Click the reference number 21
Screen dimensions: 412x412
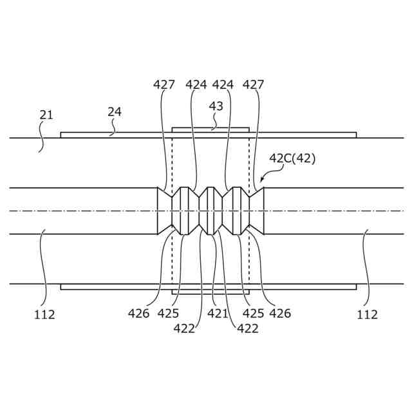coord(46,115)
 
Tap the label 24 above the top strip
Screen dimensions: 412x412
coord(115,111)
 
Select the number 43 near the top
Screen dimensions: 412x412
coord(216,106)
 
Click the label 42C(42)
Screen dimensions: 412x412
coord(292,159)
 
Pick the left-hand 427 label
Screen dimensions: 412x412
coord(164,84)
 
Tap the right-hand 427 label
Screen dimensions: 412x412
coord(254,84)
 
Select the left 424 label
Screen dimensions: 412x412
coord(196,84)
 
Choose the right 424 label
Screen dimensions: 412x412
coord(223,84)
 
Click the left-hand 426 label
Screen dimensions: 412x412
coord(138,314)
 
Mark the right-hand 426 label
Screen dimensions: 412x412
coord(280,314)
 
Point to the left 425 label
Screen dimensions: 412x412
coord(169,314)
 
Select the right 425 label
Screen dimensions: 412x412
coord(252,314)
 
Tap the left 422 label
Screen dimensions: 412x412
coord(185,328)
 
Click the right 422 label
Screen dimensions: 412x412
coord(248,328)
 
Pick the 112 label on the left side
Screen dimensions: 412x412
coord(44,315)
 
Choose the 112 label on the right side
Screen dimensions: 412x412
coord(367,315)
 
